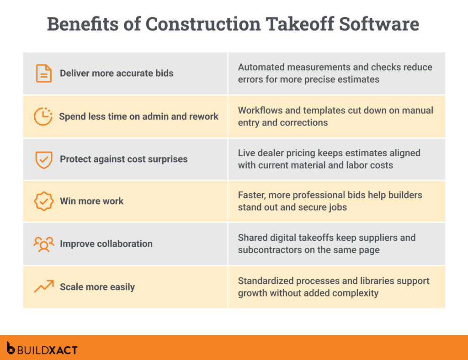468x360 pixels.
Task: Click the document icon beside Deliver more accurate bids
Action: [44, 73]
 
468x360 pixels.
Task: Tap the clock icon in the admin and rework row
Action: [43, 116]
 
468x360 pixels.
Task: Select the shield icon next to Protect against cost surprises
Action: [44, 159]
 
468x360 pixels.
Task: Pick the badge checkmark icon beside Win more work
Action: [44, 201]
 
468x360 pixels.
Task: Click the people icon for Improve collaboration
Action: [44, 244]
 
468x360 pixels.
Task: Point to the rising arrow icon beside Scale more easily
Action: [44, 287]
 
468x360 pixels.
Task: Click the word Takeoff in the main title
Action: [291, 24]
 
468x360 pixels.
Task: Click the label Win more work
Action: [91, 201]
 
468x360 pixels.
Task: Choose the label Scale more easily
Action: [97, 287]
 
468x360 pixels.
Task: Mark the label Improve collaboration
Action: [106, 244]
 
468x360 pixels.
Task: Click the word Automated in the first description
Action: [260, 67]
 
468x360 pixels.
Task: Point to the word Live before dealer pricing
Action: [247, 153]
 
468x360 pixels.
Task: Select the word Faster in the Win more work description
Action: [251, 195]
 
